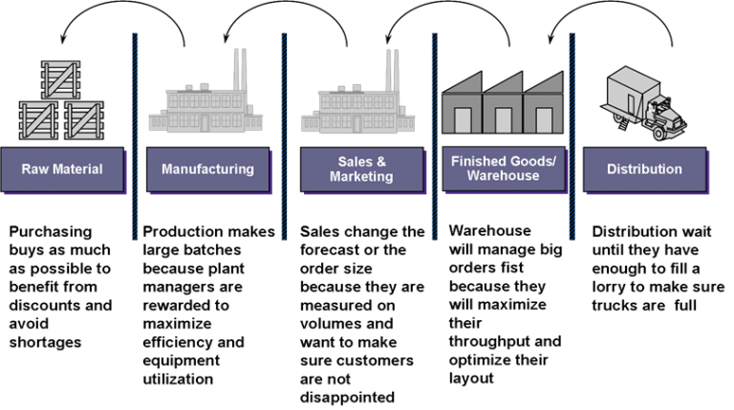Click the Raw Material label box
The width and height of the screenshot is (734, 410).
[x=62, y=169]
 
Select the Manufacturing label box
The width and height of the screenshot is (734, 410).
[x=207, y=169]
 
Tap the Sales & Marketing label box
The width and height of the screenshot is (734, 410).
[x=362, y=169]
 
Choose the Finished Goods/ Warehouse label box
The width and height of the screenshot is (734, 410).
[x=504, y=168]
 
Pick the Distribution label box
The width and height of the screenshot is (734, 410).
[x=644, y=169]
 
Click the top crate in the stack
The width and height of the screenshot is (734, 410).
[x=60, y=79]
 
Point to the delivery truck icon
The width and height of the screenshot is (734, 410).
[x=643, y=103]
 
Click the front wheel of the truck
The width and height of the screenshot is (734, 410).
[x=658, y=135]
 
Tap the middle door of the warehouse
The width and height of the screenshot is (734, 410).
[x=504, y=120]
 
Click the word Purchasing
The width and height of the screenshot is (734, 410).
[x=51, y=232]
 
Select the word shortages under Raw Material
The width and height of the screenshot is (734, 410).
[x=45, y=342]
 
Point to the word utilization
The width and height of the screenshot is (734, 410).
[x=178, y=379]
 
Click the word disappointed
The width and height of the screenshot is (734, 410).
[x=347, y=398]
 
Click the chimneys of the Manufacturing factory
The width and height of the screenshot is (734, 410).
[x=240, y=69]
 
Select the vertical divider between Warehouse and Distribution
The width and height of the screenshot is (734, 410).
[x=572, y=137]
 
